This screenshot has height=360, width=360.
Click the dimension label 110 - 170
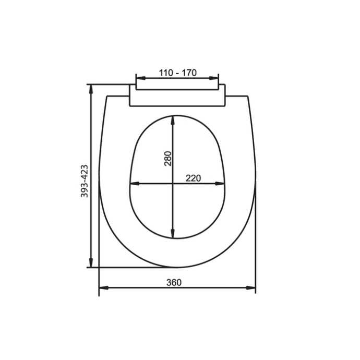point(177,73)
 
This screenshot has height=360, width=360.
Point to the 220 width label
point(193,178)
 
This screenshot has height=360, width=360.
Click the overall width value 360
point(174,282)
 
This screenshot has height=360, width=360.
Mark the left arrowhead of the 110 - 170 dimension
point(139,79)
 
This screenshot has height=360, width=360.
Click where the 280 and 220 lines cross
point(173,184)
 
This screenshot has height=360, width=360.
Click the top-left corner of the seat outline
point(106,96)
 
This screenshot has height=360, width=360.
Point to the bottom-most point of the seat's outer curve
point(177,268)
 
